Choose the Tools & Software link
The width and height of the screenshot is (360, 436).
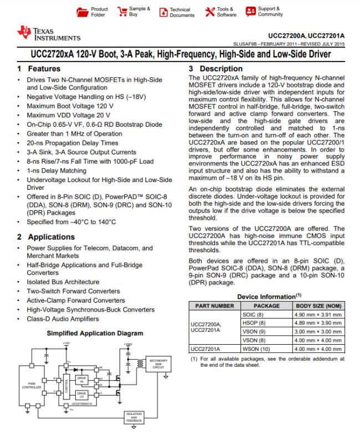point(222,12)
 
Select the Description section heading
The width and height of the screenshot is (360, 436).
point(216,69)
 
